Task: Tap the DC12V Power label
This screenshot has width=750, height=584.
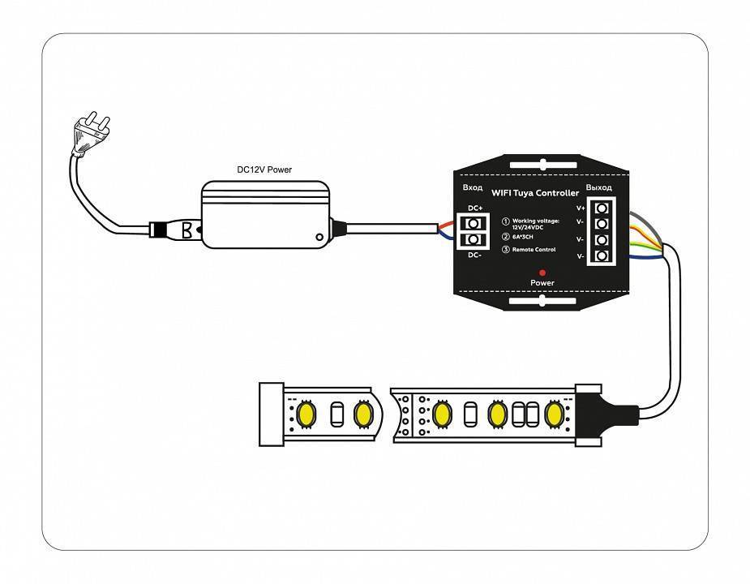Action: [x=264, y=170]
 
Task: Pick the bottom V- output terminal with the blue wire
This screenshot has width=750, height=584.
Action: [x=602, y=256]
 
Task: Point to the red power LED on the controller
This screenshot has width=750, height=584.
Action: [x=542, y=272]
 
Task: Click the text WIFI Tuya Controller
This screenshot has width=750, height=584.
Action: [x=535, y=193]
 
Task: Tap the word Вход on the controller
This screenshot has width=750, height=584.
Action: [x=473, y=188]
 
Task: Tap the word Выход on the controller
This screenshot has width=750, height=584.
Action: [x=599, y=188]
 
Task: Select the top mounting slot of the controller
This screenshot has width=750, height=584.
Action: [x=542, y=166]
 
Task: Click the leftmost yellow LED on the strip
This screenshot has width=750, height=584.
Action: [x=307, y=414]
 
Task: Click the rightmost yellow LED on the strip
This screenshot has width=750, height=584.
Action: [x=555, y=414]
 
